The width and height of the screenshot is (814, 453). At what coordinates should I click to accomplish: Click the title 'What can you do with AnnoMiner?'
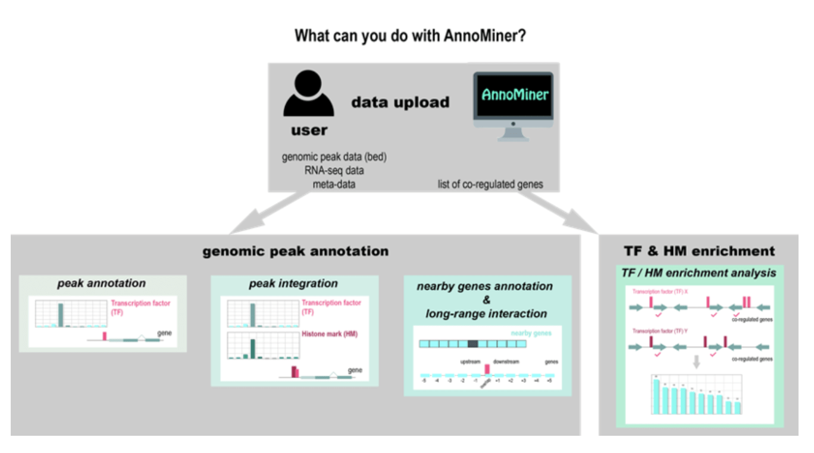pyautogui.click(x=410, y=36)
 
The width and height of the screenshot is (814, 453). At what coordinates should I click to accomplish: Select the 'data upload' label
pyautogui.click(x=400, y=102)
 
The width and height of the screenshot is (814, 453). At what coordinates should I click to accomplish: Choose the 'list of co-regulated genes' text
pyautogui.click(x=490, y=184)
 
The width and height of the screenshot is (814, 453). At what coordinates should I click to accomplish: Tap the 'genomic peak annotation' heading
pyautogui.click(x=295, y=251)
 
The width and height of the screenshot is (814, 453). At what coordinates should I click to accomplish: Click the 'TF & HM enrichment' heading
pyautogui.click(x=699, y=251)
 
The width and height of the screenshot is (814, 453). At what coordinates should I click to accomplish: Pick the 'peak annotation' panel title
pyautogui.click(x=102, y=283)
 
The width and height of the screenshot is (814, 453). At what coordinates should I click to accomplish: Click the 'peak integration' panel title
pyautogui.click(x=293, y=284)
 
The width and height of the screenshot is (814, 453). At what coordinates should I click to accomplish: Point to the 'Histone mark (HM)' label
pyautogui.click(x=330, y=334)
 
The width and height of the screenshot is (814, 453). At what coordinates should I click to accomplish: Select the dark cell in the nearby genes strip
pyautogui.click(x=473, y=344)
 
